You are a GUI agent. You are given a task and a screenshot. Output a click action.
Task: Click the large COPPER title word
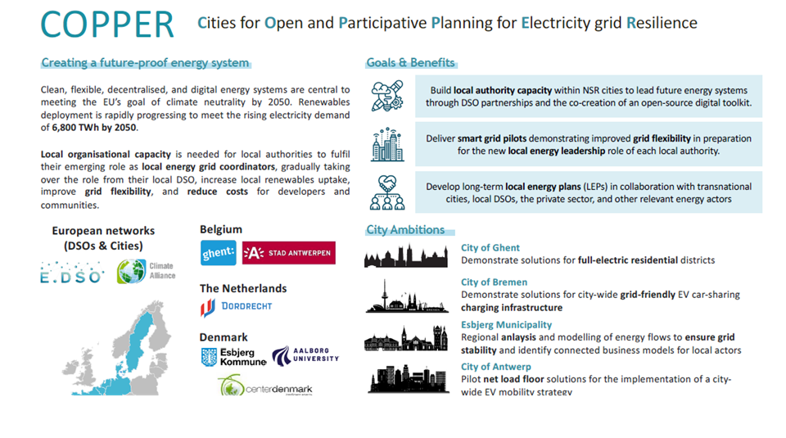click(x=107, y=25)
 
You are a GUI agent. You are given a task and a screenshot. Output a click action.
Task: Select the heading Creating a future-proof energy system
click(x=145, y=63)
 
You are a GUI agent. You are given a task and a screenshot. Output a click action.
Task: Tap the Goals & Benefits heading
click(x=411, y=63)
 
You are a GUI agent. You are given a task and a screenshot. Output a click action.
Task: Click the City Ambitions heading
click(x=405, y=230)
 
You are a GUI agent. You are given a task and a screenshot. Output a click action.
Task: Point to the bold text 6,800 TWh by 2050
click(x=95, y=128)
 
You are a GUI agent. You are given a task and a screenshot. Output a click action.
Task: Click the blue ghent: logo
click(x=218, y=252)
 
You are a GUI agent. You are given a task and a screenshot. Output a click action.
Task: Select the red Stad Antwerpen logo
click(x=289, y=252)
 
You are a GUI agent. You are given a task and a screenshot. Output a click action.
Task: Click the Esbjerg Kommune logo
click(x=233, y=357)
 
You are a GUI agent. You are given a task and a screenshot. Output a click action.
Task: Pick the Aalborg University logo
click(x=305, y=355)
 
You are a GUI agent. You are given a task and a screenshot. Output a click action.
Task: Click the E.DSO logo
click(x=72, y=273)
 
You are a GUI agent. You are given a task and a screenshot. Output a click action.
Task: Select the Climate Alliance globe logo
click(x=146, y=271)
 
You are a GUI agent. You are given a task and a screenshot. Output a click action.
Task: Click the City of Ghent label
click(x=490, y=247)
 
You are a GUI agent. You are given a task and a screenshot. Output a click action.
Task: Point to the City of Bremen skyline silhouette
click(x=407, y=296)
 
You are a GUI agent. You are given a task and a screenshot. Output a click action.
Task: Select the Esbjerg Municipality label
click(x=506, y=324)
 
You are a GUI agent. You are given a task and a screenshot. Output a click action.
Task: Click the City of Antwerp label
click(x=495, y=367)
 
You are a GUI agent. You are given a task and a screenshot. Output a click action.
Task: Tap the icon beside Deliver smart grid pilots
click(x=387, y=144)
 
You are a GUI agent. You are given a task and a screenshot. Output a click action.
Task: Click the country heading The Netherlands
click(x=242, y=288)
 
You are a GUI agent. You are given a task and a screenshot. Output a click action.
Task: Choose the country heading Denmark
click(x=223, y=337)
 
